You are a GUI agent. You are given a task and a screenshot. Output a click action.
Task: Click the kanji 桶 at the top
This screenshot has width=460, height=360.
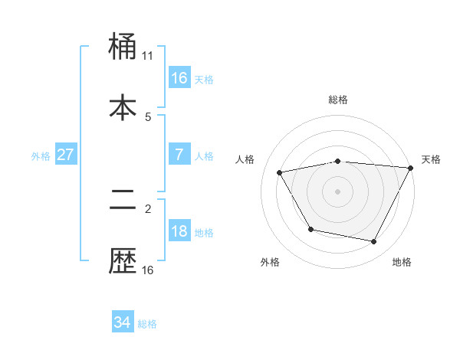123,48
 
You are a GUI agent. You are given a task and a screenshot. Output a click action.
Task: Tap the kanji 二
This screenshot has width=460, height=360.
123,201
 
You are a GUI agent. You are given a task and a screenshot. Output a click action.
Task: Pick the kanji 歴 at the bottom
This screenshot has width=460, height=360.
123,260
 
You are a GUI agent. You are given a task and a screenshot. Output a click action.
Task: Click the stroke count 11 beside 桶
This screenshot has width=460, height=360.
148,55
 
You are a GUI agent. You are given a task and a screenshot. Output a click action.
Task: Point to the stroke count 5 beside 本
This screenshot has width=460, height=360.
148,116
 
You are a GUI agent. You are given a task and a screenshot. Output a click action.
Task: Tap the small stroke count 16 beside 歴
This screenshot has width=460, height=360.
148,270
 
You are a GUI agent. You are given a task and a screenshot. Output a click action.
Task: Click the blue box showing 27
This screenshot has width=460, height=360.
65,155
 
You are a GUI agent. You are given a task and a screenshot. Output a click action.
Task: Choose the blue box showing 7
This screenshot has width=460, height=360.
179,155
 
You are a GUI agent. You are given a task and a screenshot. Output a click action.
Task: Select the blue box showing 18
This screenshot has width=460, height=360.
179,231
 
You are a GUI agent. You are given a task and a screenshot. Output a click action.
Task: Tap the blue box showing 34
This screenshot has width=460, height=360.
123,322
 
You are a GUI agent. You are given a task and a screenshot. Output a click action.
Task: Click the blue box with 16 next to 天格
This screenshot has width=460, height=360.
179,78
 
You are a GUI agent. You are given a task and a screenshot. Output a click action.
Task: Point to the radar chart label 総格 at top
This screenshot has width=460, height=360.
338,100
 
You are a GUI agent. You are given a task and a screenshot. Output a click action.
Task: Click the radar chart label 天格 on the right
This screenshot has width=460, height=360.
431,159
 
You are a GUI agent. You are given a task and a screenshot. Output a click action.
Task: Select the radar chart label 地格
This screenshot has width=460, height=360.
402,263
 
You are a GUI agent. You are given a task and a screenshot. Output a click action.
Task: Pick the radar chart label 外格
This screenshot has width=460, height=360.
270,263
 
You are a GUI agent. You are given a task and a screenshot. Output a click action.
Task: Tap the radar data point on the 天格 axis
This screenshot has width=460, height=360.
411,168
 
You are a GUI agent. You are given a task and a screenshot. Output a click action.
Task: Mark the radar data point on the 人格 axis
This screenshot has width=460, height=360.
280,173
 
